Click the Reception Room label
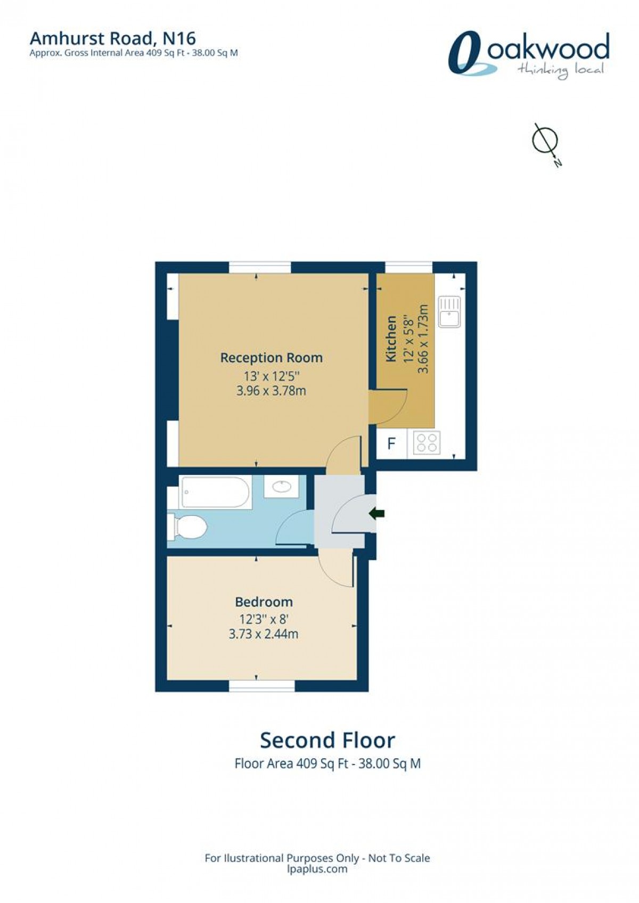click(272, 358)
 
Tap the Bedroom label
click(264, 602)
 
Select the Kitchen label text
click(391, 339)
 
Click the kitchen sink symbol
click(449, 311)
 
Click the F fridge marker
click(391, 443)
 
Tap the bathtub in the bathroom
click(216, 492)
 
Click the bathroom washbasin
click(281, 486)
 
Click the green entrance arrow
click(377, 513)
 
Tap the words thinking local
click(560, 70)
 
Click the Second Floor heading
click(327, 741)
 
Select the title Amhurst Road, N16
click(112, 38)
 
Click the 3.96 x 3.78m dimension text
click(271, 391)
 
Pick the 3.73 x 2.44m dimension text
click(263, 634)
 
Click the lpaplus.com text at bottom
click(317, 869)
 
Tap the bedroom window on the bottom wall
click(261, 687)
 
